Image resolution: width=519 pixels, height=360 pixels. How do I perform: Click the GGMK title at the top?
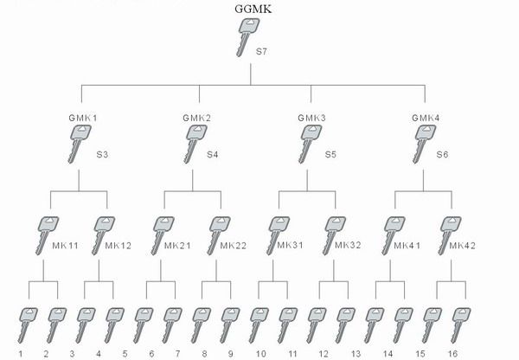pos(251,10)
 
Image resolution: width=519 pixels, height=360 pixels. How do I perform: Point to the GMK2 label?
pos(196,117)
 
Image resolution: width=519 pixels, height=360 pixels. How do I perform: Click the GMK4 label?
pos(425,117)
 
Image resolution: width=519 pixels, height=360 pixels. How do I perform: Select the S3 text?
pos(101,154)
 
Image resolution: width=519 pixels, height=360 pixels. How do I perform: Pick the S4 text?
pos(213,154)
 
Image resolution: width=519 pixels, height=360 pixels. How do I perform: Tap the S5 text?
pos(330,154)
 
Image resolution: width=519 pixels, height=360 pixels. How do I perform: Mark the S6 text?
pos(442,154)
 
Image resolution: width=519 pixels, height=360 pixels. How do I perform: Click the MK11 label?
pos(66,245)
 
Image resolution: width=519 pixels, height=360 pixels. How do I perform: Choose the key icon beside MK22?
pos(221,233)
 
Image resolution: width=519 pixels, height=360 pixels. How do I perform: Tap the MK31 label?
pos(291,245)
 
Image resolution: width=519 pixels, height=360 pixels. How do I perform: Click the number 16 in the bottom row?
pos(452,354)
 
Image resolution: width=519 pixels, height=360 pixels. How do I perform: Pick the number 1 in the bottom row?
pos(20,354)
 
